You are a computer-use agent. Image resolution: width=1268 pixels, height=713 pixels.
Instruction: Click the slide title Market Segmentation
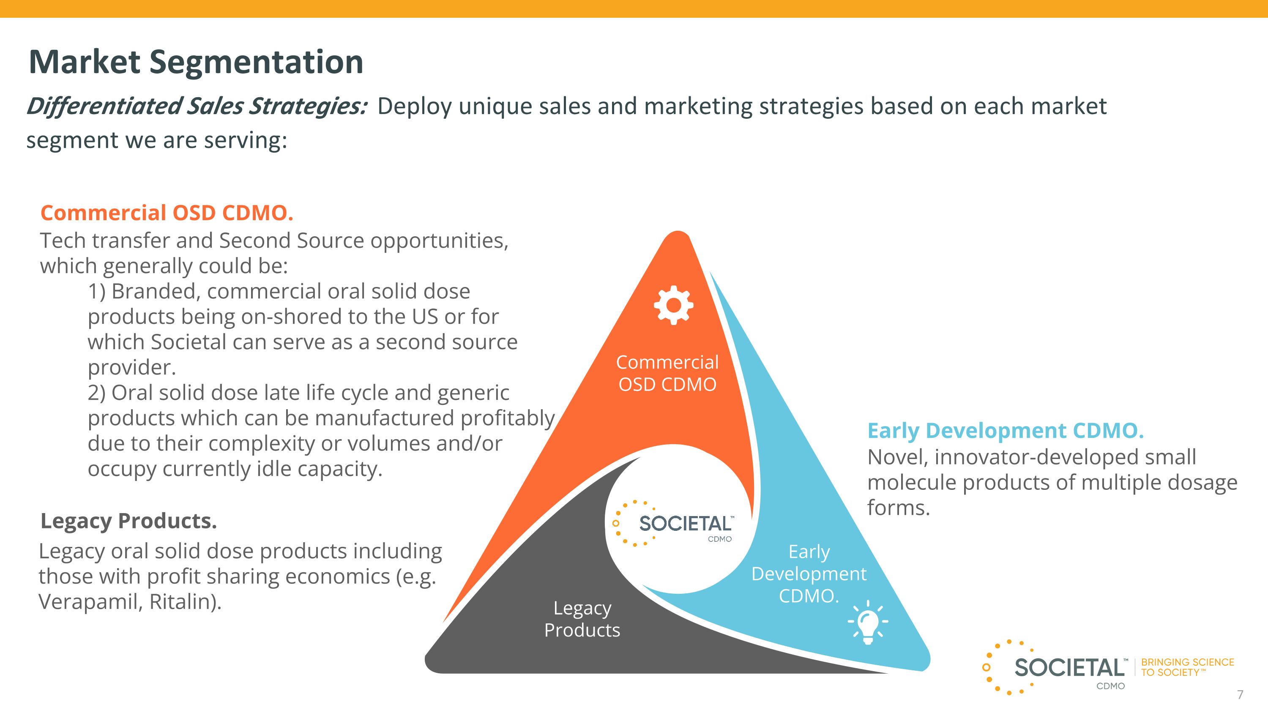point(196,62)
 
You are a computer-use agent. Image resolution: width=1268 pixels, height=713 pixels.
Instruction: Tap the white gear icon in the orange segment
point(673,305)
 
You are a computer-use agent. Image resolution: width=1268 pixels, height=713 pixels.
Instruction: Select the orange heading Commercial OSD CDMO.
point(167,213)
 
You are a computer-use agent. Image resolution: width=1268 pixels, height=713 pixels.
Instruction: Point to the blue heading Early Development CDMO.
point(1005,431)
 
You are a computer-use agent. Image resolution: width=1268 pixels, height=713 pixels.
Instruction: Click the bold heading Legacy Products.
point(128,521)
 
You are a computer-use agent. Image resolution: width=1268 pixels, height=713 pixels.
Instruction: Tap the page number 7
point(1240,694)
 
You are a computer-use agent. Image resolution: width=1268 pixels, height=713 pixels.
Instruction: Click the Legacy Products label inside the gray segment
point(582,619)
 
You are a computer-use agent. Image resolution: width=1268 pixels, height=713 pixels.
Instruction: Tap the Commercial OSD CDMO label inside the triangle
point(667,373)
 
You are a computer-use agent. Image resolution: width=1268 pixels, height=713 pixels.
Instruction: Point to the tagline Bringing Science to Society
point(1187,667)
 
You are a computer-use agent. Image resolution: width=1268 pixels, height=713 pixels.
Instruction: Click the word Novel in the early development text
point(897,457)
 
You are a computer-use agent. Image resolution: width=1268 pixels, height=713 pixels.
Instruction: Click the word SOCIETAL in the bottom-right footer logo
point(1069,668)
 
